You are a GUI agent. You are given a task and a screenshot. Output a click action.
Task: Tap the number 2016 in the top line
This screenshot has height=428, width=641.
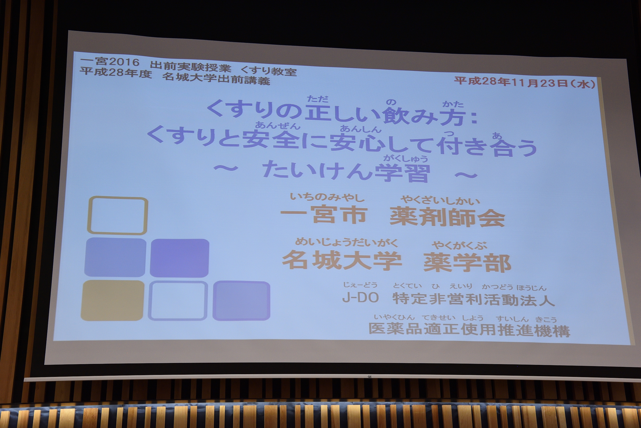point(124,62)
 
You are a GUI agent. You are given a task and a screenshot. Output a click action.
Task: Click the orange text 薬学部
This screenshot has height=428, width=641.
point(467,263)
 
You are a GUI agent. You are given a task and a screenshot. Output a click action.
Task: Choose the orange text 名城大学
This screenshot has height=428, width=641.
point(342,260)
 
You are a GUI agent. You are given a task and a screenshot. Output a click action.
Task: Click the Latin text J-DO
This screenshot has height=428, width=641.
point(361,298)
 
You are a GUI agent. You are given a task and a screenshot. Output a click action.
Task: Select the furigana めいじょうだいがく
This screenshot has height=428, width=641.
point(347,242)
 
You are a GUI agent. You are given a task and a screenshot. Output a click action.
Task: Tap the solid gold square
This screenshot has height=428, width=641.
point(112,300)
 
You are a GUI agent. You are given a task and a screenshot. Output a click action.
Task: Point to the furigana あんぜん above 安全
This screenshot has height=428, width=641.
point(278,125)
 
